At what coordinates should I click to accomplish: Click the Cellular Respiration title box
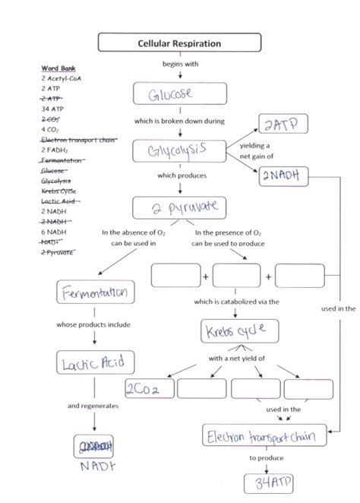[179, 43]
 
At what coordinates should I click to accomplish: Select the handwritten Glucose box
[179, 94]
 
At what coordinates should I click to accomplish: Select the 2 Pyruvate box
[179, 207]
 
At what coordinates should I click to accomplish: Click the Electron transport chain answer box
[265, 436]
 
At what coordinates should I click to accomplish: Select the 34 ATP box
[265, 483]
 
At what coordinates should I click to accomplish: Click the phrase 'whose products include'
[94, 325]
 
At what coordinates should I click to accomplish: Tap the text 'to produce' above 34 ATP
[266, 458]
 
